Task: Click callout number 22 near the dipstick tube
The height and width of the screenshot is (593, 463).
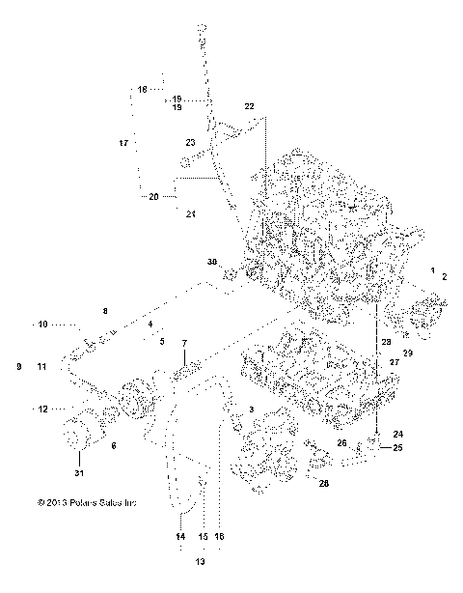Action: pyautogui.click(x=249, y=104)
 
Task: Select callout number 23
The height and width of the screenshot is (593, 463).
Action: pyautogui.click(x=191, y=142)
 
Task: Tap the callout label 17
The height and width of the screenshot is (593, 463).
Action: pyautogui.click(x=123, y=143)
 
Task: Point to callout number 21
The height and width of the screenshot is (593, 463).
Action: pyautogui.click(x=190, y=213)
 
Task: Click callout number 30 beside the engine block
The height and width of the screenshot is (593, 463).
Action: pyautogui.click(x=212, y=262)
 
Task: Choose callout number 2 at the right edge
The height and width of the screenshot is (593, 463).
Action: pyautogui.click(x=445, y=276)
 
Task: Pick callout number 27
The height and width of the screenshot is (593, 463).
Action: pyautogui.click(x=394, y=362)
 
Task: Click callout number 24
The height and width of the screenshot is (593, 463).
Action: pyautogui.click(x=397, y=435)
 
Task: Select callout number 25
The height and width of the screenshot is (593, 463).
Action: pyautogui.click(x=397, y=448)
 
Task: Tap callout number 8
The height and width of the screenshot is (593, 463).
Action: pyautogui.click(x=105, y=310)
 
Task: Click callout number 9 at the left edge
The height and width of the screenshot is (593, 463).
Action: pyautogui.click(x=18, y=367)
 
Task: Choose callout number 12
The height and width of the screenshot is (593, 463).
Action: pyautogui.click(x=41, y=409)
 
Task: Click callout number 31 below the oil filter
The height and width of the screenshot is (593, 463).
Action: pyautogui.click(x=79, y=472)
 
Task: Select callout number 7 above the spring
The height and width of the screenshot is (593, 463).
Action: pyautogui.click(x=184, y=345)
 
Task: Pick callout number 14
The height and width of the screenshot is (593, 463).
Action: pyautogui.click(x=179, y=536)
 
